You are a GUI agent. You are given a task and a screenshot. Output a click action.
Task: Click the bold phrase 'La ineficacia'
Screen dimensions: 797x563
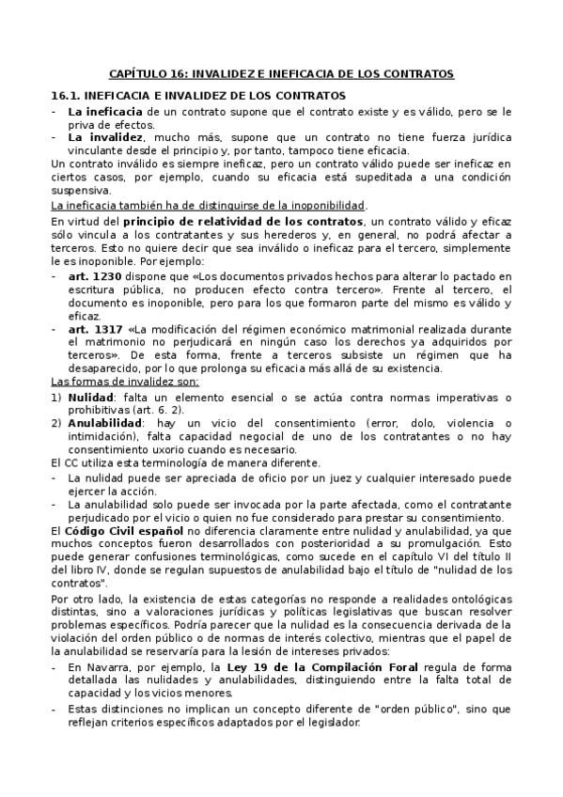click(101, 111)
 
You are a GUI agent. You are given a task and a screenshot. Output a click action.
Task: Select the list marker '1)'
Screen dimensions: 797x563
click(56, 398)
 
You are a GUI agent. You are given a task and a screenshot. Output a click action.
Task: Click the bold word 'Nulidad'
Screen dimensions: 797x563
click(90, 398)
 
